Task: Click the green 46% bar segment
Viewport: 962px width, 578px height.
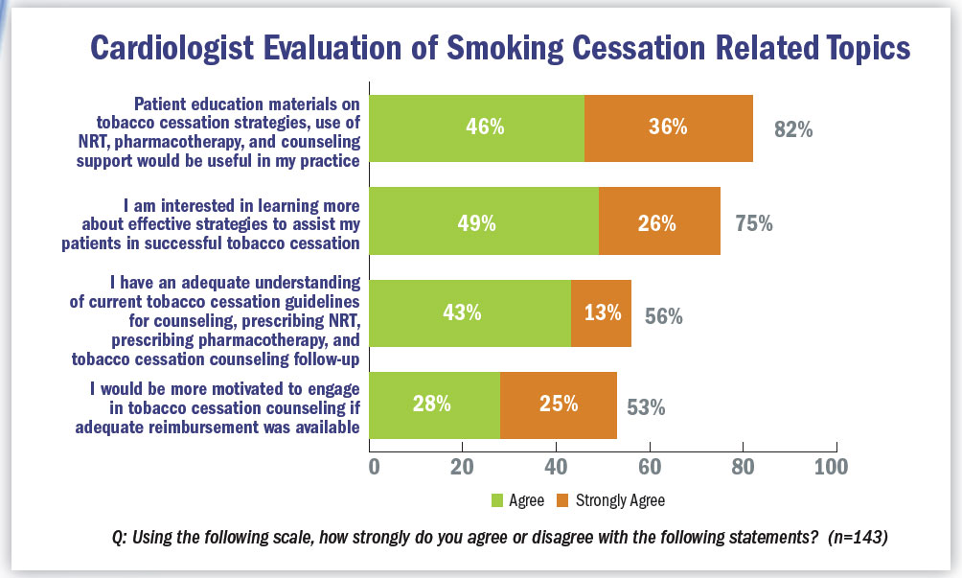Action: point(477,127)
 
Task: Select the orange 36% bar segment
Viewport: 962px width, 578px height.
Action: point(668,127)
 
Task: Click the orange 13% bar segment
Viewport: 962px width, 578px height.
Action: point(601,312)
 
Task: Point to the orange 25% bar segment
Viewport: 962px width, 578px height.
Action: point(558,404)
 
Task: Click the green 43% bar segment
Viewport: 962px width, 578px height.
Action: point(470,312)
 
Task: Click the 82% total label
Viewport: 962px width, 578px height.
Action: point(793,130)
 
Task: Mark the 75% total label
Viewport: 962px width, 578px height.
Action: point(753,224)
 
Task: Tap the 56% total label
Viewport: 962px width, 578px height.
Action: point(663,316)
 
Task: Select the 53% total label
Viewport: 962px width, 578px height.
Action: point(646,407)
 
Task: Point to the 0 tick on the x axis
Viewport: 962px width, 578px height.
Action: point(374,468)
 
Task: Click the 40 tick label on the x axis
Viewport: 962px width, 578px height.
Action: point(555,468)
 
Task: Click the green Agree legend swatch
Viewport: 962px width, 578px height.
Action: point(497,500)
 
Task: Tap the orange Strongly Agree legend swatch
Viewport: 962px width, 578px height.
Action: point(563,500)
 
